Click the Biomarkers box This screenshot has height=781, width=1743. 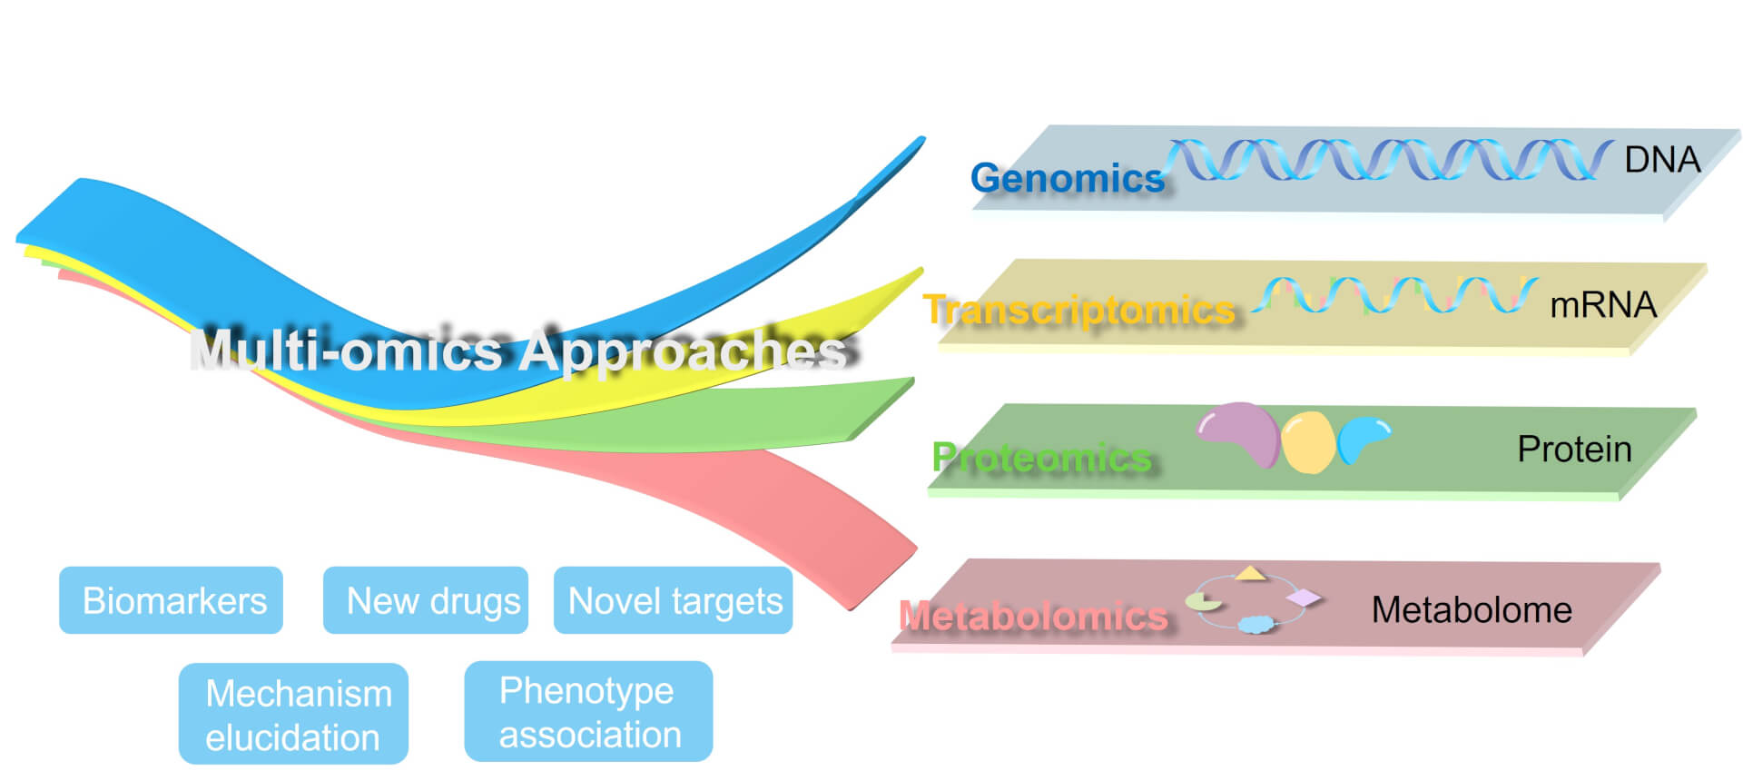pyautogui.click(x=172, y=600)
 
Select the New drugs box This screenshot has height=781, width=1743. pyautogui.click(x=426, y=600)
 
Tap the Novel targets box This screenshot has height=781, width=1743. pyautogui.click(x=674, y=600)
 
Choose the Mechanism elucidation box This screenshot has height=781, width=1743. pyautogui.click(x=293, y=715)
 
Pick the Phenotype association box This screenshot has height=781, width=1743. pyautogui.click(x=588, y=712)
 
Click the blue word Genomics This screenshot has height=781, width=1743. pyautogui.click(x=1067, y=178)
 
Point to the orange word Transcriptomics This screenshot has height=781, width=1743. pyautogui.click(x=1079, y=310)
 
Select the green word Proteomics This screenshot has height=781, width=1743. pyautogui.click(x=1041, y=457)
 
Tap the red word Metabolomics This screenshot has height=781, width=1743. pyautogui.click(x=1033, y=617)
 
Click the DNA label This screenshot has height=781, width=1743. pyautogui.click(x=1662, y=160)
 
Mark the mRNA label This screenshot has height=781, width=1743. pyautogui.click(x=1603, y=305)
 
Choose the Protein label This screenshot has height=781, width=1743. pyautogui.click(x=1574, y=449)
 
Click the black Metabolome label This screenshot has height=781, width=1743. pyautogui.click(x=1472, y=609)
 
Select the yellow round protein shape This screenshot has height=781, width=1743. pyautogui.click(x=1308, y=442)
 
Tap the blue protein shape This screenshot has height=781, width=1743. pyautogui.click(x=1363, y=436)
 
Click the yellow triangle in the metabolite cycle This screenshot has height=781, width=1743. pyautogui.click(x=1250, y=573)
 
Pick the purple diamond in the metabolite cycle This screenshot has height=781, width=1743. pyautogui.click(x=1304, y=598)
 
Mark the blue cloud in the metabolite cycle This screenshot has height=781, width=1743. pyautogui.click(x=1256, y=624)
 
